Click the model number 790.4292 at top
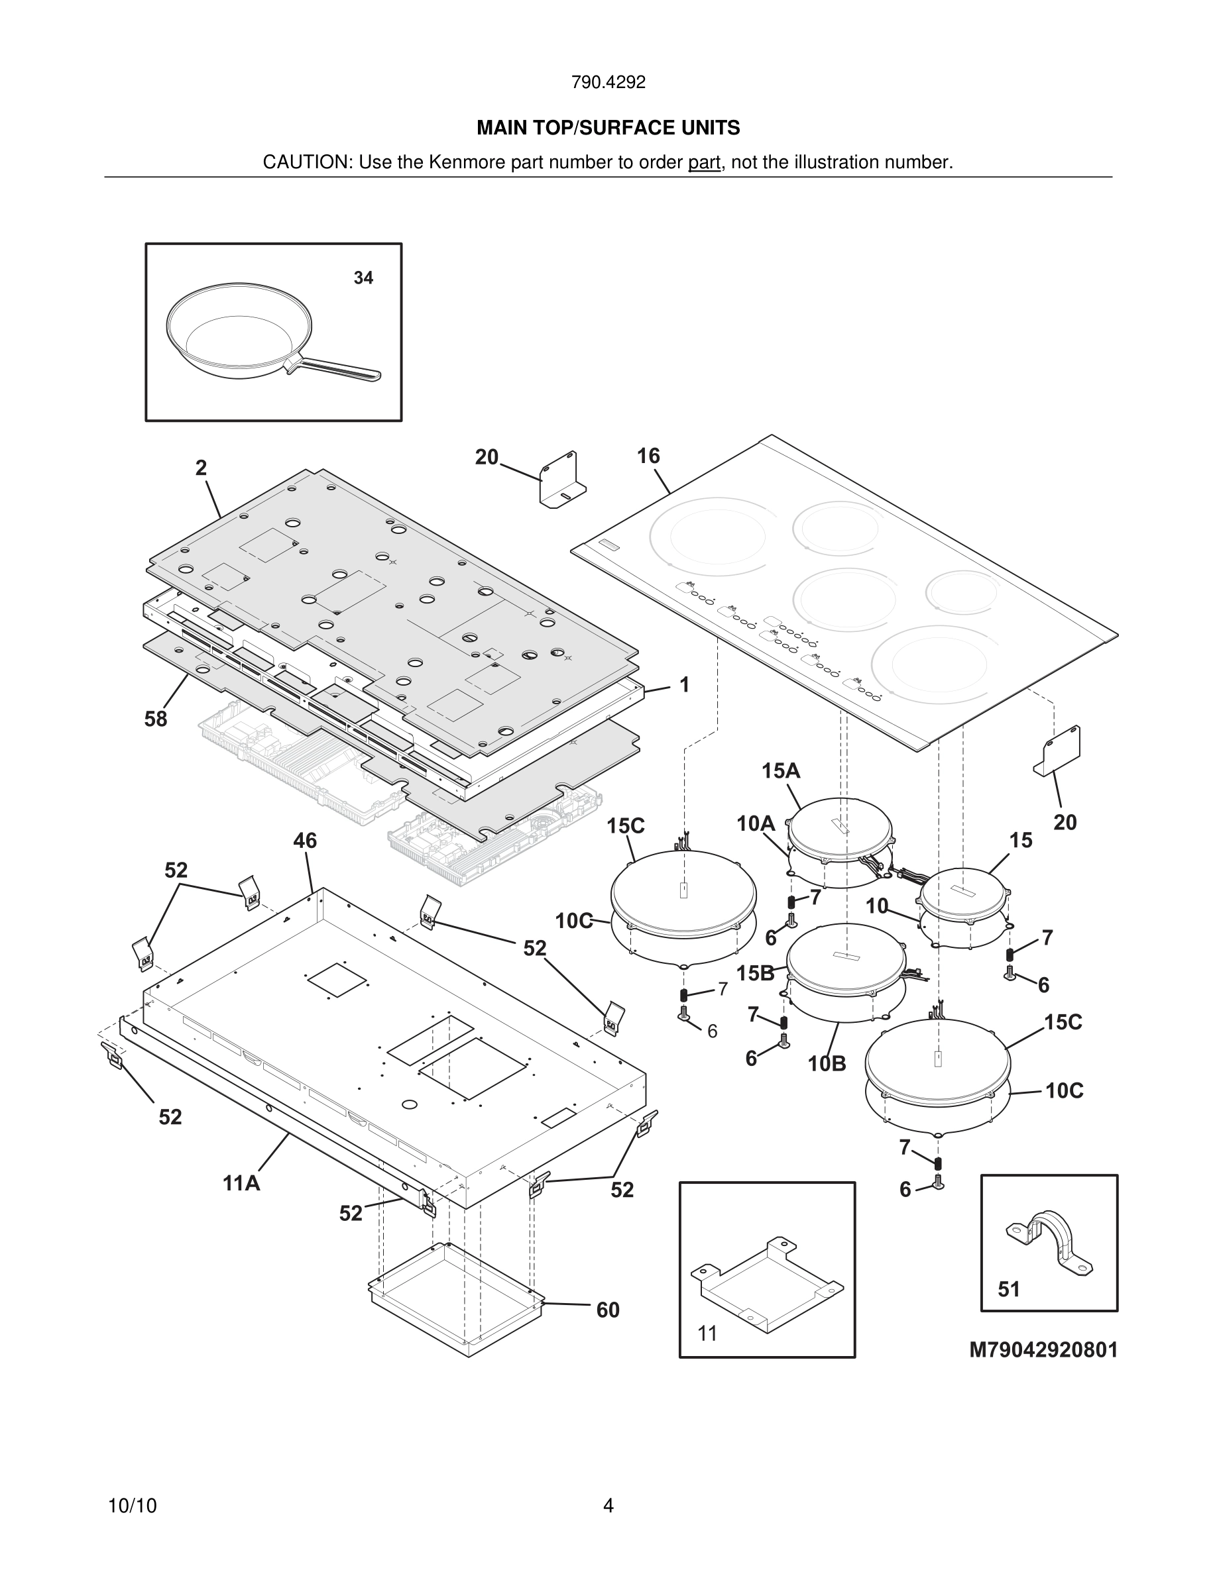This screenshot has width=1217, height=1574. (608, 82)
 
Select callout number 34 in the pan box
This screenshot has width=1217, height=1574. (363, 278)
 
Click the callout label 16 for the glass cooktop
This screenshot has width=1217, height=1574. (648, 456)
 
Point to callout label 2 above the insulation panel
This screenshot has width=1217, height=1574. (201, 468)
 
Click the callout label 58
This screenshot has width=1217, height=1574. (155, 719)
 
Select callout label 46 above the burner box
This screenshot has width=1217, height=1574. (305, 841)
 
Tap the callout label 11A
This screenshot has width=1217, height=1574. (241, 1183)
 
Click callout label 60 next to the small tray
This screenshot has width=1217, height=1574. (608, 1310)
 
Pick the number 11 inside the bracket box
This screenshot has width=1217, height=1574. (707, 1334)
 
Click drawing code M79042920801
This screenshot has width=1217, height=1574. (1043, 1349)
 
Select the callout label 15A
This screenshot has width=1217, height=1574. (781, 771)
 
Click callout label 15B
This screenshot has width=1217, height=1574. (755, 973)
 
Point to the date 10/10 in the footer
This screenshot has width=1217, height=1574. (132, 1506)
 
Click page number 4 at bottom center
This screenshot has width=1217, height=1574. (608, 1506)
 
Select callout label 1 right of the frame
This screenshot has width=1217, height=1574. (684, 685)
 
